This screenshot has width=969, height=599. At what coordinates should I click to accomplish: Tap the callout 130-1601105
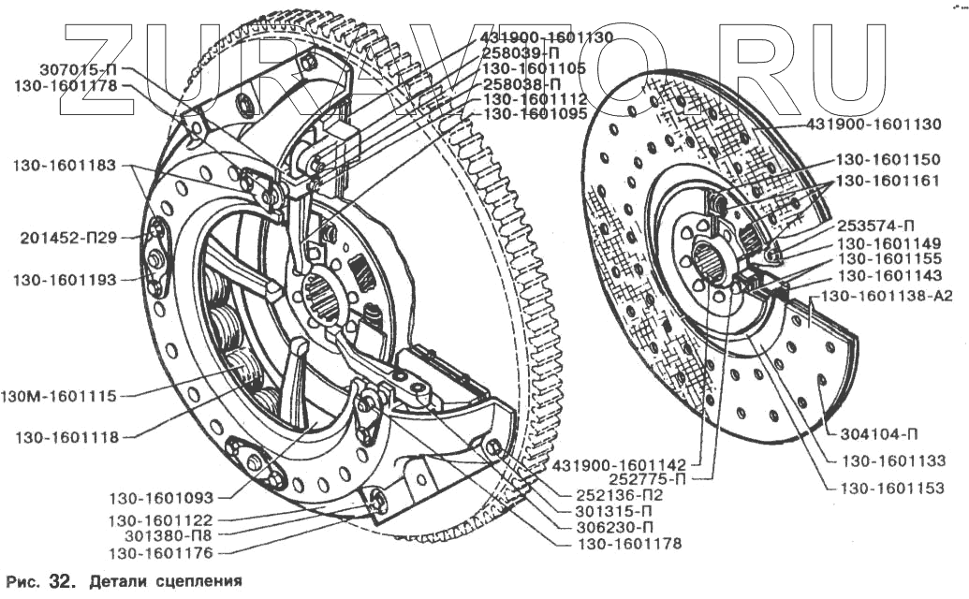[535, 68]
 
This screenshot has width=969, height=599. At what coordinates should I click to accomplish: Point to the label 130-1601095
[535, 114]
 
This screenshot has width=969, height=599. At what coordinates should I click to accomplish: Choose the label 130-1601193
[65, 279]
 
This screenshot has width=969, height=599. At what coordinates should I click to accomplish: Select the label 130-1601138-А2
[888, 297]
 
